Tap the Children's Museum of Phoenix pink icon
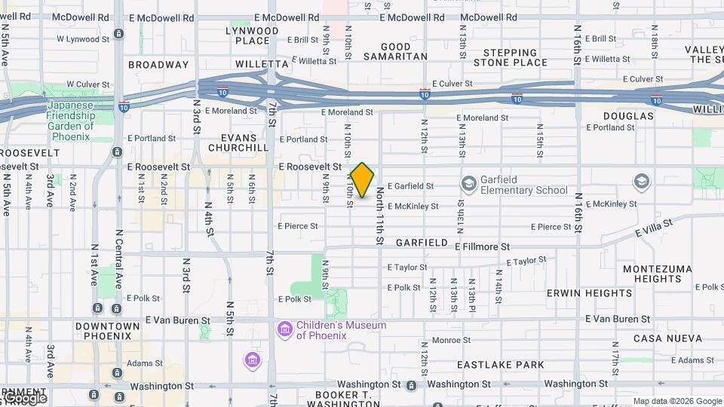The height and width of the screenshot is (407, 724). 285,329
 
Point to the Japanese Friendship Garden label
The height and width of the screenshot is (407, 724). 71,116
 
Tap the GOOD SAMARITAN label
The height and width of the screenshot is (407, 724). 394,51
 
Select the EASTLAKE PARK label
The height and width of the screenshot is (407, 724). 501,365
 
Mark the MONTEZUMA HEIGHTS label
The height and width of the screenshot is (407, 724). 652,274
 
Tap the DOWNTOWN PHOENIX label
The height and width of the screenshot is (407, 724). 107,332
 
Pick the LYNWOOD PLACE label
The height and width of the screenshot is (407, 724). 252,35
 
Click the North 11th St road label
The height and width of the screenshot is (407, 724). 380,215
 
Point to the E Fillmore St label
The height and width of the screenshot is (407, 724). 483,246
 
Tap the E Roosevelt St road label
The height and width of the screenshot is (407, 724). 310,167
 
